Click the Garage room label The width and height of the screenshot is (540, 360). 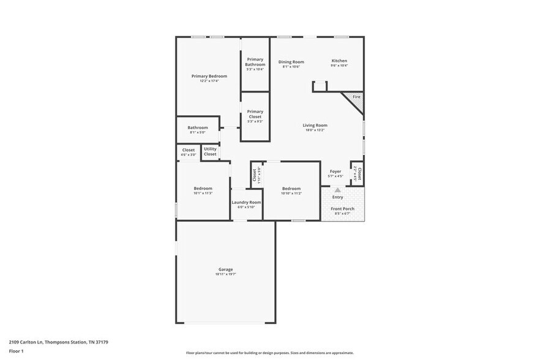(225, 269)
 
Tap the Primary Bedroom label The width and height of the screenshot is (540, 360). (209, 76)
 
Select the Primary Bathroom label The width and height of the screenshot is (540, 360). (255, 62)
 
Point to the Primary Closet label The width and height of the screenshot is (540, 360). (255, 114)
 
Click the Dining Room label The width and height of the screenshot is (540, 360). (291, 61)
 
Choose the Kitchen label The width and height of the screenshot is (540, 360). (339, 61)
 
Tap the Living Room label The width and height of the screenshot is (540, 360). (315, 126)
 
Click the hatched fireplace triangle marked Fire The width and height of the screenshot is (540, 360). (356, 99)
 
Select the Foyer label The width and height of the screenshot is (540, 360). (336, 171)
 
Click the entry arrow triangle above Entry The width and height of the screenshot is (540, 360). (337, 190)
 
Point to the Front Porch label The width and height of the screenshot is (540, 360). (342, 209)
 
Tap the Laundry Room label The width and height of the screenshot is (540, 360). (246, 202)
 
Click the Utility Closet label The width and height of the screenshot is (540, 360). (210, 151)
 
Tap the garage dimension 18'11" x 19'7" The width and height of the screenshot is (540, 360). (225, 274)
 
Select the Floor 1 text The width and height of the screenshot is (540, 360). (16, 351)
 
